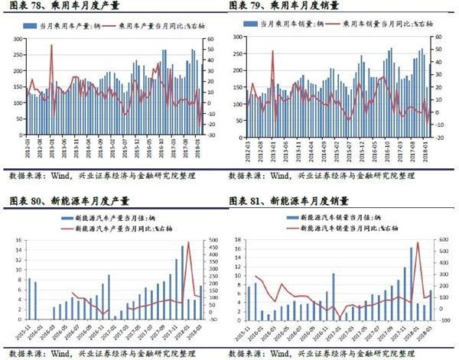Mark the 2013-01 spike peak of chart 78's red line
[x=51, y=46]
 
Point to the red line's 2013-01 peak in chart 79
[x=273, y=52]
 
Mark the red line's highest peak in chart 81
[x=418, y=243]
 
